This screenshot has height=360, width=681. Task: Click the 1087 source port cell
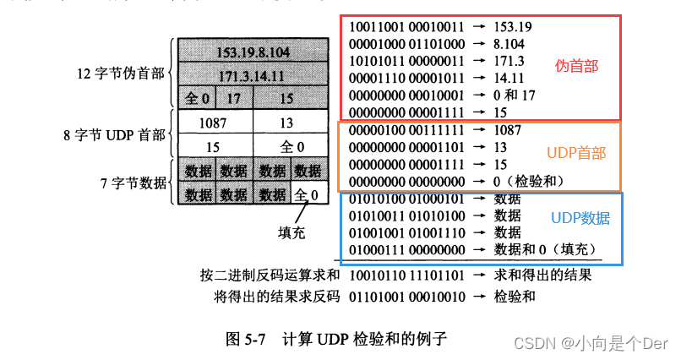coord(212,123)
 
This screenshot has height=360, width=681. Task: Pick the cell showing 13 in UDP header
coord(286,123)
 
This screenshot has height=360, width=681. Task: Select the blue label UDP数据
coord(580,217)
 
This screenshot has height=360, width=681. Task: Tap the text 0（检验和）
coord(531,181)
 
